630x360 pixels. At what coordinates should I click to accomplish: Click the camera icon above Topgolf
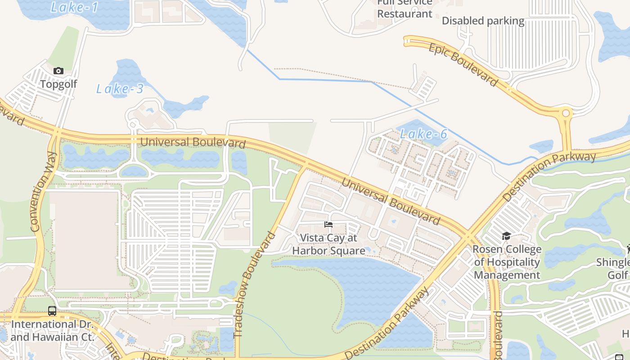tap(58, 71)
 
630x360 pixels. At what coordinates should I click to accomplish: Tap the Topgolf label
tap(58, 84)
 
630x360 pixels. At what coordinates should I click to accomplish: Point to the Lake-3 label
tap(120, 89)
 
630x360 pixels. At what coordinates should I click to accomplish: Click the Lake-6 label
tap(423, 134)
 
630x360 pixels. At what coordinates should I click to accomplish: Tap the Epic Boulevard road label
tap(463, 64)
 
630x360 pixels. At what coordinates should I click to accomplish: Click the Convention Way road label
tap(44, 192)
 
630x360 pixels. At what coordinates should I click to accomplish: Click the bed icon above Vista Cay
tap(328, 224)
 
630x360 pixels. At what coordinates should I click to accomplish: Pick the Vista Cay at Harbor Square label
tap(328, 244)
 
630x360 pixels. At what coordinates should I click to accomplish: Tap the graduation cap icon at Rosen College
tap(506, 236)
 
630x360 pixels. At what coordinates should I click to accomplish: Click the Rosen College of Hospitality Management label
tap(507, 262)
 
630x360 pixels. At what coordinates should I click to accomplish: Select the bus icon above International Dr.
tap(52, 310)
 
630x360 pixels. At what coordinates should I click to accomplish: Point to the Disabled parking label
tap(483, 21)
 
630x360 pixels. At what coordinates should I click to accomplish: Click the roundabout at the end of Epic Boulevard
tap(566, 113)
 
